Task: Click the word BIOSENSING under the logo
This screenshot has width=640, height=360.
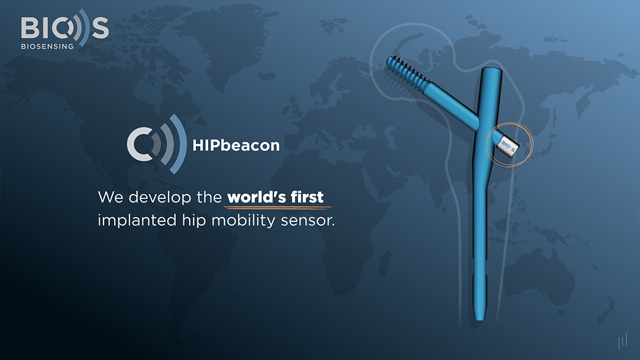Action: point(46,46)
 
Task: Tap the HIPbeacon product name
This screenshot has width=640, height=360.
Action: point(235,145)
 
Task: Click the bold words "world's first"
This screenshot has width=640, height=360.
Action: point(275,197)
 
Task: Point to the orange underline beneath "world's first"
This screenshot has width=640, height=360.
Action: point(278,206)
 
